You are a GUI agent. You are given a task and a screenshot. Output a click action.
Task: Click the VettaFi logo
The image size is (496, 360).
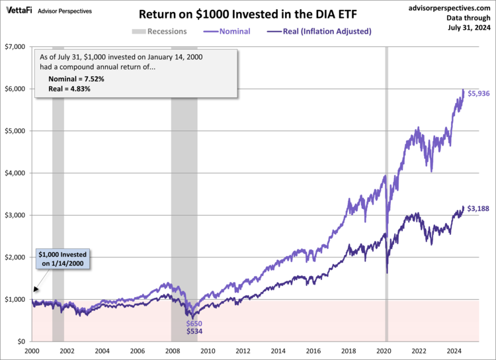19,11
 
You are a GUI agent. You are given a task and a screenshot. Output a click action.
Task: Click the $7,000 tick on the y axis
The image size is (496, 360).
15,47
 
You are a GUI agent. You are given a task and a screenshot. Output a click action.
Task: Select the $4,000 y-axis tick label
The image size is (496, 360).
15,173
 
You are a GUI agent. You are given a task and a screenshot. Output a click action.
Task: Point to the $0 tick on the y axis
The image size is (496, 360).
21,341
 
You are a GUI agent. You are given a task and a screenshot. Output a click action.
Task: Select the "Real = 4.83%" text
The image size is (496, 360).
69,89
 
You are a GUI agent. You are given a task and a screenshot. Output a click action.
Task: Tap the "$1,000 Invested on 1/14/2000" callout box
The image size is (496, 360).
63,259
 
